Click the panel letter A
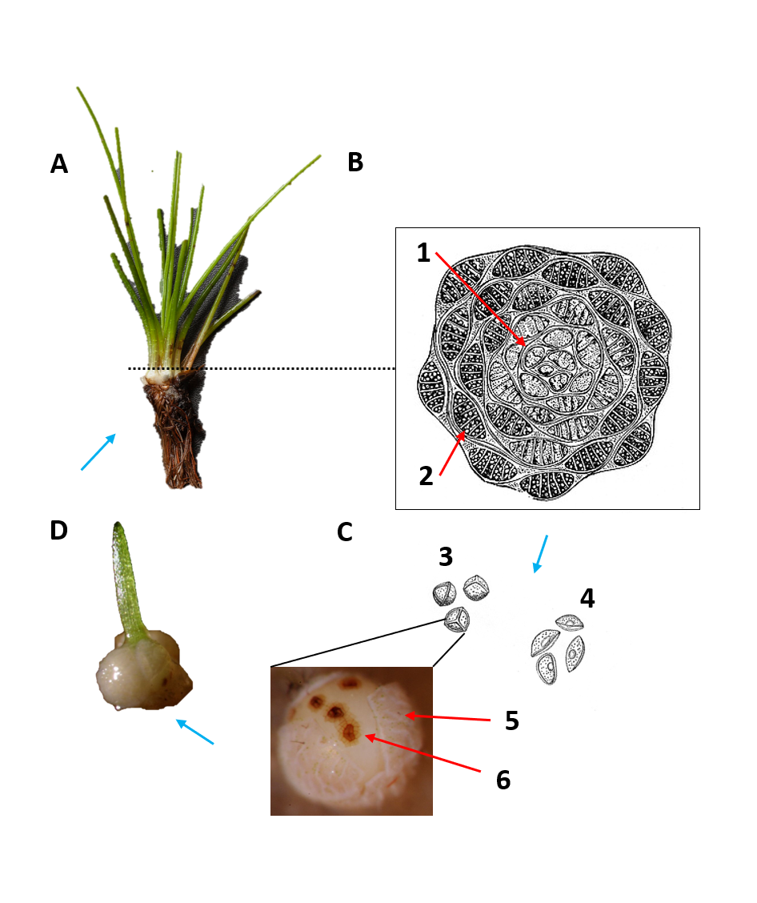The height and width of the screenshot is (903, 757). coord(58,164)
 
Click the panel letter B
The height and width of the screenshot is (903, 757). coord(355,163)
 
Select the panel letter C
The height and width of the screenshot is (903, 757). coord(345,532)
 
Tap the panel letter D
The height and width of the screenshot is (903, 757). coord(58,531)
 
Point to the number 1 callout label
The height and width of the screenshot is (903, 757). coord(424,254)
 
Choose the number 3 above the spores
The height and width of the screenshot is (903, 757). coord(446,556)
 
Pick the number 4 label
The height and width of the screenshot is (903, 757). coord(587,598)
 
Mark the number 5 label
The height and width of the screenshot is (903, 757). coord(512,721)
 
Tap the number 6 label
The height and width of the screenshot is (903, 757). coord(503,780)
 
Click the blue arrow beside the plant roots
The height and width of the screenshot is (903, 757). coord(98,451)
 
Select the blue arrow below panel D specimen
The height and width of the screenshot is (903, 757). coord(194,732)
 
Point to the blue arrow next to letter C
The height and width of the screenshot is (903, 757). coord(541,554)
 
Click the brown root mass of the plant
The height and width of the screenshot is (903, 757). coord(177,432)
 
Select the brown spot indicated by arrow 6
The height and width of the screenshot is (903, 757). coord(350,730)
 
